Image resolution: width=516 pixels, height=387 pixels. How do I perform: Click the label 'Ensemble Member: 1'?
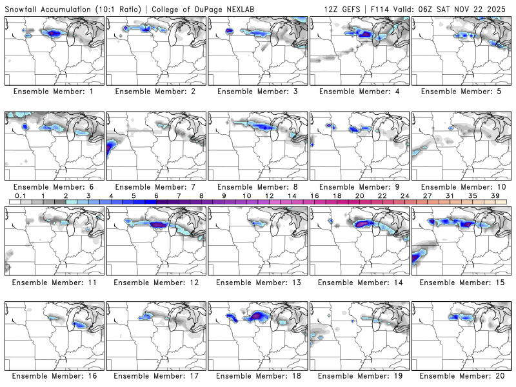pos(55,91)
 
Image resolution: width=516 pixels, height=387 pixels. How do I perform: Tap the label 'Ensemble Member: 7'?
pos(157,186)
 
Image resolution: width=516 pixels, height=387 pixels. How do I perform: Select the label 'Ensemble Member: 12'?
pos(157,282)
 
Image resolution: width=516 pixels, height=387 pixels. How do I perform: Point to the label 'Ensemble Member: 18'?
pos(259,376)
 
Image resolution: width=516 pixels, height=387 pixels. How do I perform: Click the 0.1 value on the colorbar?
pos(21,195)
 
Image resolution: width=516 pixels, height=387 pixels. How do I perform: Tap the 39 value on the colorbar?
pos(495,195)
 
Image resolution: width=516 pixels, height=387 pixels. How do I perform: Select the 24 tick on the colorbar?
pos(404,195)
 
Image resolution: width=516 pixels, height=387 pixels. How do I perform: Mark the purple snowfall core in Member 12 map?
pos(158,224)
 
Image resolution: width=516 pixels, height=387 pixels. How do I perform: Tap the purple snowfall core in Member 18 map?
pos(259,315)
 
